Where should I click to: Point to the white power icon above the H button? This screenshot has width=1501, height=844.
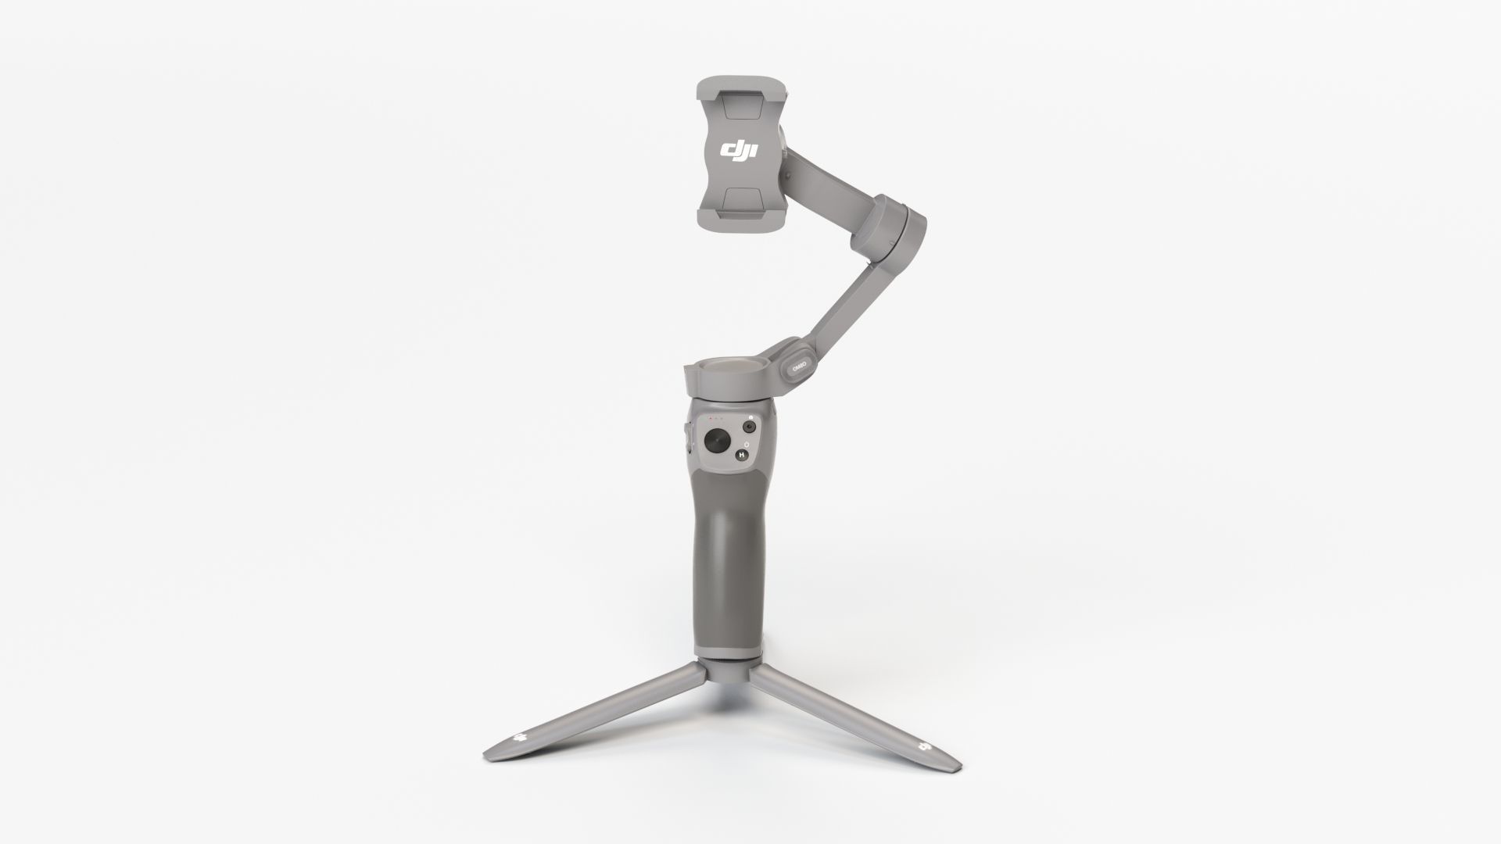747,445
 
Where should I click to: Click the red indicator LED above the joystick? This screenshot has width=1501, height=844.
711,418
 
